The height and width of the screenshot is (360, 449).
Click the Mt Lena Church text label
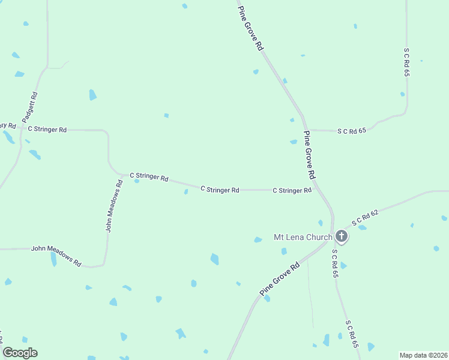303,237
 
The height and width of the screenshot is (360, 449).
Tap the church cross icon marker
342,236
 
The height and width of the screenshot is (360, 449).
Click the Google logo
20,353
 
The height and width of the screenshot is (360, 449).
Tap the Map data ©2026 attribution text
423,355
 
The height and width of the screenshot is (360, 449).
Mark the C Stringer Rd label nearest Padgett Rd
46,129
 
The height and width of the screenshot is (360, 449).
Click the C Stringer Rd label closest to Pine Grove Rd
292,190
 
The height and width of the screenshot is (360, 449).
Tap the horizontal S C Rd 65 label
352,130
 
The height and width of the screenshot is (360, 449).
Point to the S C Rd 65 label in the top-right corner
406,62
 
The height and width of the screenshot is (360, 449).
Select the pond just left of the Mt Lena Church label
258,240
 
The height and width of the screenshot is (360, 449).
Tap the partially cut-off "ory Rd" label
8,125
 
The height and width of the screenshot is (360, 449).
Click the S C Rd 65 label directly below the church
335,264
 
